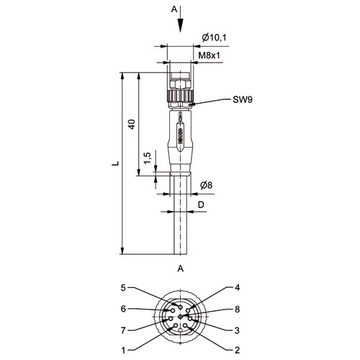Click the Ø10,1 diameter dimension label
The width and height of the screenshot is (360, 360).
[214, 37]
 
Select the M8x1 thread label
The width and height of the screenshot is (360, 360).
[209, 55]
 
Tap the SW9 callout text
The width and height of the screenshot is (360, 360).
[243, 99]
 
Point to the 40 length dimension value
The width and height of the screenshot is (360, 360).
[132, 124]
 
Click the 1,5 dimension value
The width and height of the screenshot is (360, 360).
[148, 158]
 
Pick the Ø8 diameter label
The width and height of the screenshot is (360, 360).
[207, 185]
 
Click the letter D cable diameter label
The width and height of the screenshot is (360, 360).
[201, 204]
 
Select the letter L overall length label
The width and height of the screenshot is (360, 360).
[116, 163]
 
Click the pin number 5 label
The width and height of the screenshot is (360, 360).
[123, 288]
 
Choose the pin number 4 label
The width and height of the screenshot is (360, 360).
[237, 287]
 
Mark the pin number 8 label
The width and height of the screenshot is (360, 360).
[237, 309]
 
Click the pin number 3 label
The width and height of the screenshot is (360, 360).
[237, 330]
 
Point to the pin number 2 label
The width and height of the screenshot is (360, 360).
[237, 350]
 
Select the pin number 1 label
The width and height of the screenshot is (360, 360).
[123, 351]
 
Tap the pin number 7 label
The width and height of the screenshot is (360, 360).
[123, 330]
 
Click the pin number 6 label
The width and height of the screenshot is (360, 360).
[123, 309]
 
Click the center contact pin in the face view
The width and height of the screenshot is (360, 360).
[181, 317]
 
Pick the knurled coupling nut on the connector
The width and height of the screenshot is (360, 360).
[180, 96]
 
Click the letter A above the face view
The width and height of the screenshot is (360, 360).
[181, 269]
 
